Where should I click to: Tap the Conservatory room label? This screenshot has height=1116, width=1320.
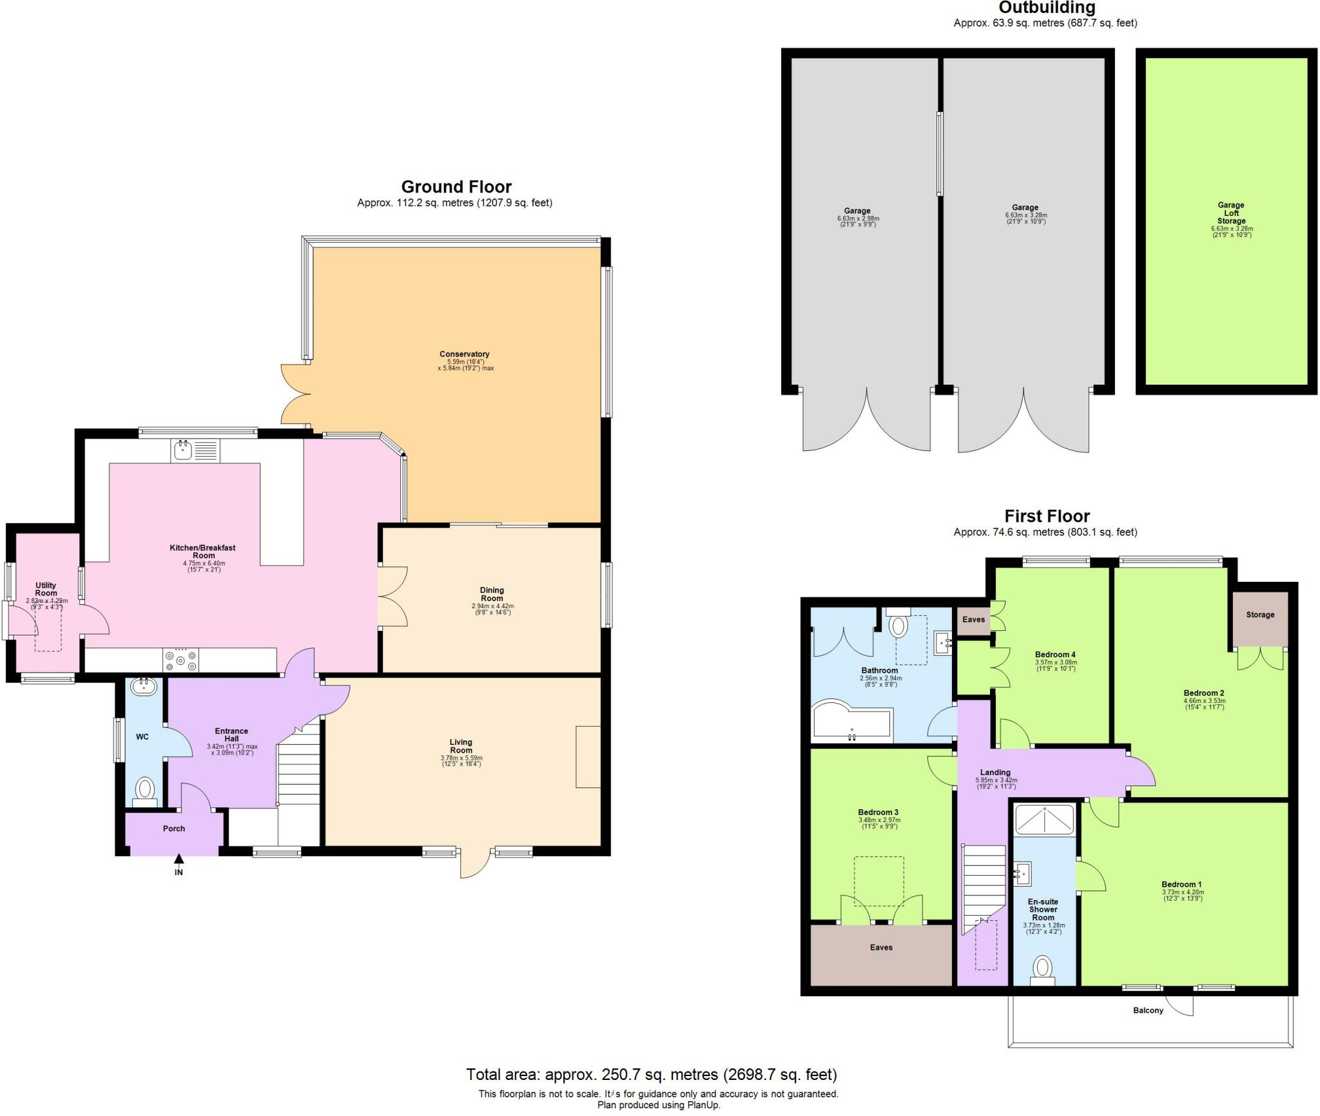click(465, 354)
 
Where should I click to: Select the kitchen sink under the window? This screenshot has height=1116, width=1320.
click(195, 450)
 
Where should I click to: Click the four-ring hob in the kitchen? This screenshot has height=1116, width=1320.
click(181, 660)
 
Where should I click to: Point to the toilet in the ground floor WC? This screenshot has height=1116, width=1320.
click(146, 789)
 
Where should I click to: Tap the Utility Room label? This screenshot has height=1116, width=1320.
click(46, 589)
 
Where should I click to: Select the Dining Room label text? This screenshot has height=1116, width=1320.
click(492, 594)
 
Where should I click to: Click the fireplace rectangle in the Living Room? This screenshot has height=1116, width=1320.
click(588, 756)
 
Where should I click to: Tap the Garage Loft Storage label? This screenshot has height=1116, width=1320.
click(1230, 213)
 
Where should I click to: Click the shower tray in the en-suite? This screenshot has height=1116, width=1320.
click(1044, 820)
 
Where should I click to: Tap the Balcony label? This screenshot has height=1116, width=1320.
click(1148, 1010)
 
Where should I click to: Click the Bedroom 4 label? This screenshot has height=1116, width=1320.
click(1055, 655)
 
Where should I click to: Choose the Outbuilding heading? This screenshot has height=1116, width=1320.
click(1046, 8)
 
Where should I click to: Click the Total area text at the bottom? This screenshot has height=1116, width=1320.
click(651, 1075)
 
